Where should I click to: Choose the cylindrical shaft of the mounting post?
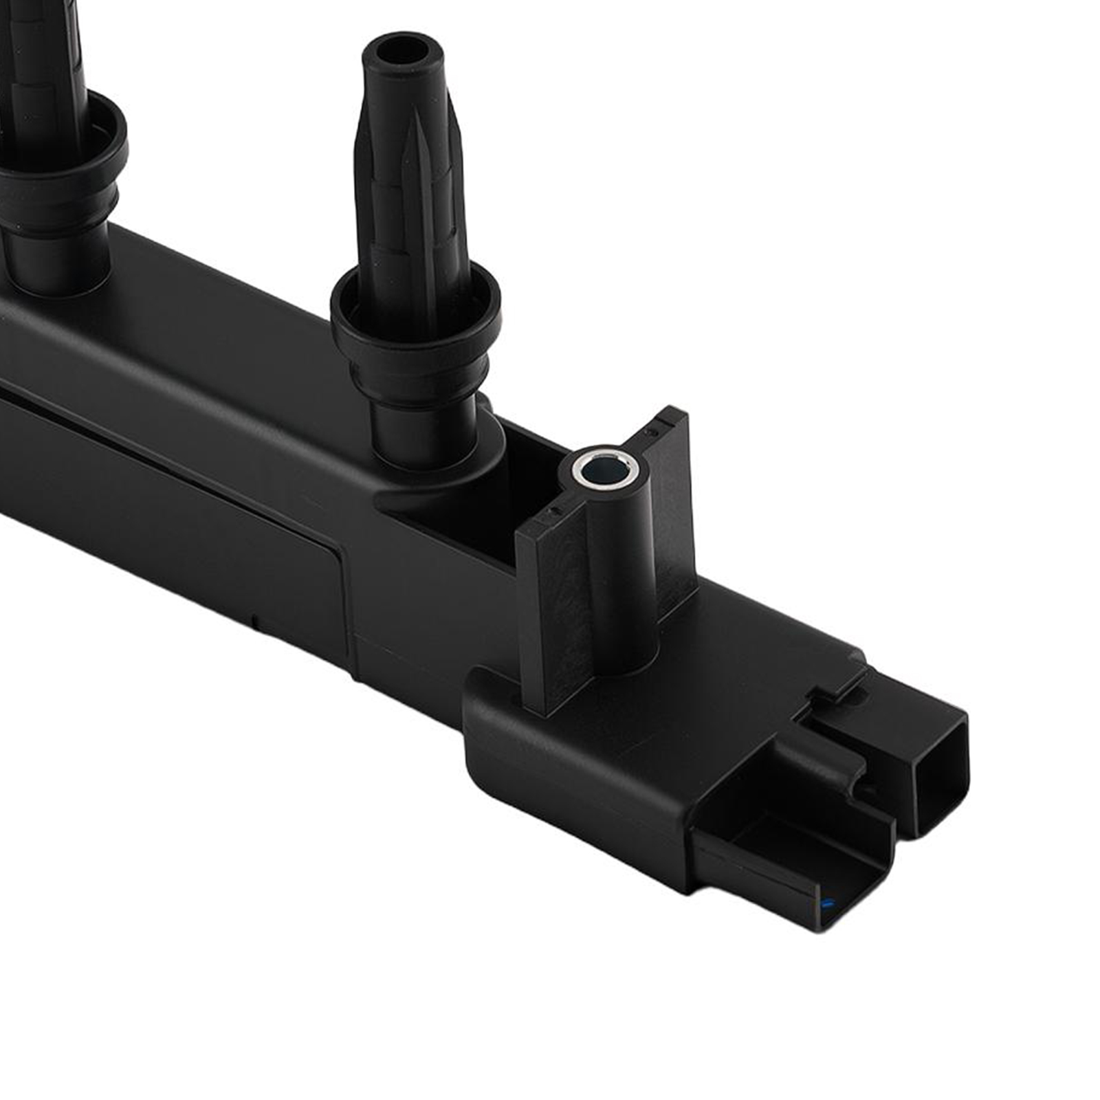tap(619, 571)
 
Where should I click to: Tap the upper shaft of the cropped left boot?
tap(41, 62)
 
